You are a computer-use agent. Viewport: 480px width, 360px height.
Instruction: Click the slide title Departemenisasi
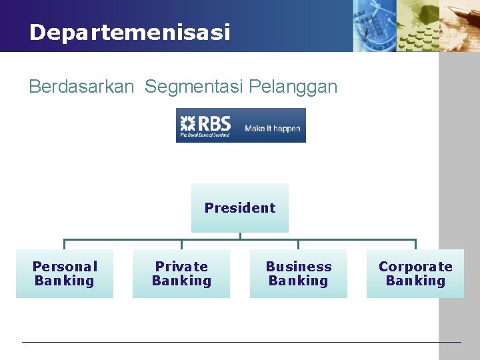click(x=129, y=32)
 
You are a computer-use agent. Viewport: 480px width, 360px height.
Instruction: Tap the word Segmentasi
click(x=193, y=87)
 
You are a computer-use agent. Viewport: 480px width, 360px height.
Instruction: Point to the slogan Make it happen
click(x=273, y=129)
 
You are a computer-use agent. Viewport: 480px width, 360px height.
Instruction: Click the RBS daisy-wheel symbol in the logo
click(x=187, y=123)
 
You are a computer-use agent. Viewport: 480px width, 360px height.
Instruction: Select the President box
click(x=240, y=208)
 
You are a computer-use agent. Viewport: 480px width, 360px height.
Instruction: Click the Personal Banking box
click(x=65, y=273)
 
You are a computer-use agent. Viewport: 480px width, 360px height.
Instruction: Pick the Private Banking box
click(x=181, y=273)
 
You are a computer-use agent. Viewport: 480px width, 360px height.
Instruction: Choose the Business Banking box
click(x=299, y=273)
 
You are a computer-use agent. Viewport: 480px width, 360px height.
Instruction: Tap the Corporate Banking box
click(x=415, y=273)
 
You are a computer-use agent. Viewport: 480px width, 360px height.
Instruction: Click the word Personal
click(x=65, y=267)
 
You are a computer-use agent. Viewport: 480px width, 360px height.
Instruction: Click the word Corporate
click(x=415, y=267)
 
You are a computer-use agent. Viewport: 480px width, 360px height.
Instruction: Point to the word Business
click(x=299, y=267)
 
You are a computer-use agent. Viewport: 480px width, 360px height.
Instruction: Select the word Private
click(x=181, y=267)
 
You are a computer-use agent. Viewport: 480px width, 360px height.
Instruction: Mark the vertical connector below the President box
click(x=240, y=235)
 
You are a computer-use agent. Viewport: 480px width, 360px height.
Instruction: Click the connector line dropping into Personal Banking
click(x=65, y=244)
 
